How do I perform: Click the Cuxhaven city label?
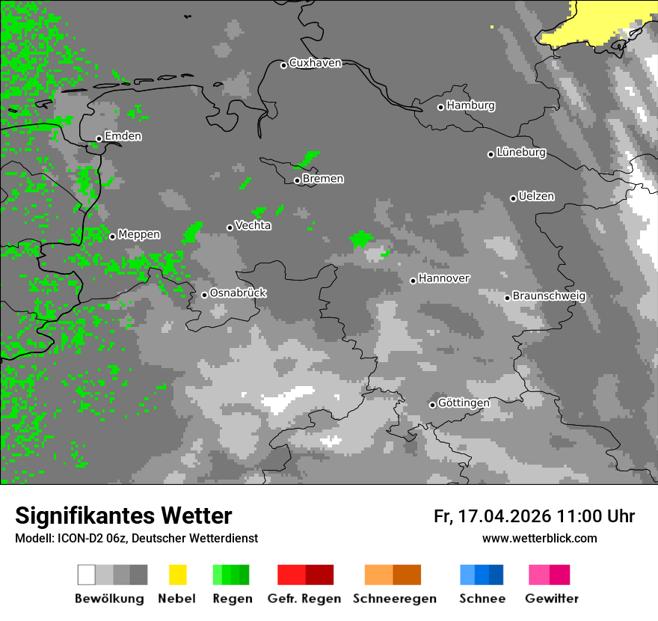point(315,63)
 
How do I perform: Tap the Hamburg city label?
point(470,105)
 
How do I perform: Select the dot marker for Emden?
point(99,138)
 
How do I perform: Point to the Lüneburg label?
point(520,152)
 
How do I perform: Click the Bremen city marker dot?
point(297,180)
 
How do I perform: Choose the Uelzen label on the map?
point(536,196)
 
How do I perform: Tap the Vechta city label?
point(253,225)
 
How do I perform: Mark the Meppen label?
point(138,234)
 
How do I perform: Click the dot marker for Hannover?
point(413,281)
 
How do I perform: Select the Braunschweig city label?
point(549,296)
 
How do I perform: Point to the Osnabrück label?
point(238,293)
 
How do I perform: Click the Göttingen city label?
point(464,403)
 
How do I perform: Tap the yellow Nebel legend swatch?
point(177,575)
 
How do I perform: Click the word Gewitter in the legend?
point(551,599)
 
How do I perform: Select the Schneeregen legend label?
point(394,599)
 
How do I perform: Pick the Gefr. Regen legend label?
point(304,599)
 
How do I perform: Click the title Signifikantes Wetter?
point(123,516)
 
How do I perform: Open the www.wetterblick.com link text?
point(539,538)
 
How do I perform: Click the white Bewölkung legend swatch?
point(87,575)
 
